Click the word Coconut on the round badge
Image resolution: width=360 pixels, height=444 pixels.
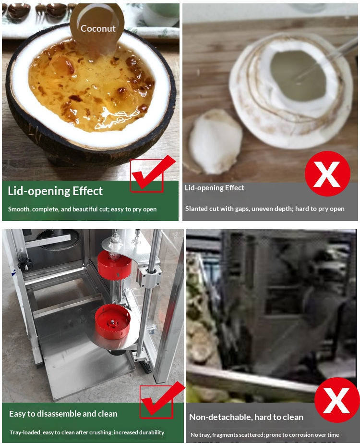click(98, 28)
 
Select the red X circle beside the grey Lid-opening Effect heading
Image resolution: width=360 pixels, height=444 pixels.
click(327, 173)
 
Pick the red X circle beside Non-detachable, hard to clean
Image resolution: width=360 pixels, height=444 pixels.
click(337, 400)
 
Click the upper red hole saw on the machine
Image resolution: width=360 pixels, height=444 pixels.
click(115, 265)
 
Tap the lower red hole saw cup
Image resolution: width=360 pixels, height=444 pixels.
click(112, 321)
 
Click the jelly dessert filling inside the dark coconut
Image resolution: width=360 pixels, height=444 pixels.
click(91, 85)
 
